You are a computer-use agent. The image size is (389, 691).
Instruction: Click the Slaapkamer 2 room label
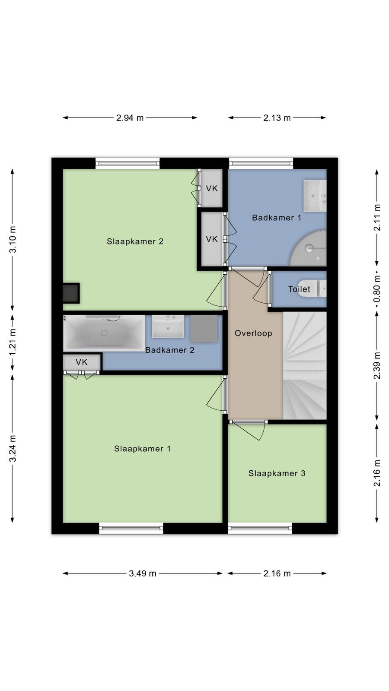[135, 241]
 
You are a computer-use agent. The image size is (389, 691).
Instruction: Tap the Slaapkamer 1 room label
[142, 449]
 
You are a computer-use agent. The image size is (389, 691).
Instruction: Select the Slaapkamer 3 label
[277, 473]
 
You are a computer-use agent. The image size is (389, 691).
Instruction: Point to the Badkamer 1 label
[277, 218]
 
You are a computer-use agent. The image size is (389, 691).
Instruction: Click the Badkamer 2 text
[170, 350]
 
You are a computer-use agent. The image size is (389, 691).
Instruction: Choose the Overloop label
[253, 333]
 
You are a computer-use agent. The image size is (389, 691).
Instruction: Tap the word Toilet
[299, 289]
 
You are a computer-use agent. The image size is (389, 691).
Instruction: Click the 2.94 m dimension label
[130, 118]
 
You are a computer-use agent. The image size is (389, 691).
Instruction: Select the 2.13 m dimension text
[277, 118]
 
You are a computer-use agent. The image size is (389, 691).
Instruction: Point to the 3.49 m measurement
[143, 574]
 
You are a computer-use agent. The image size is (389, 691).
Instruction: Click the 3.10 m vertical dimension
[13, 239]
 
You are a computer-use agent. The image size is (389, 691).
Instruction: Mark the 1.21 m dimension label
[13, 342]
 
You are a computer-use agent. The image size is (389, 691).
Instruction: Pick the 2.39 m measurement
[377, 365]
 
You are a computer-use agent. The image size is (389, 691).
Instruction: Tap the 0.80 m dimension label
[377, 289]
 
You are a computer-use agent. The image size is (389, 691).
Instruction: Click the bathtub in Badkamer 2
[104, 333]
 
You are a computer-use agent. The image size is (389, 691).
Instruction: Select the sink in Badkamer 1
[315, 196]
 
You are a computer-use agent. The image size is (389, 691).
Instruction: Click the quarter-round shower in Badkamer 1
[309, 248]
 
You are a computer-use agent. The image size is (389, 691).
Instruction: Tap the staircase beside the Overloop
[305, 365]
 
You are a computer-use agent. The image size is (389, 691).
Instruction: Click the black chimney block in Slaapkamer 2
[71, 293]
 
